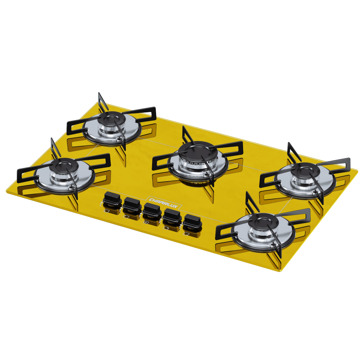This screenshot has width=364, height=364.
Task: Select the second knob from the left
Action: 132,204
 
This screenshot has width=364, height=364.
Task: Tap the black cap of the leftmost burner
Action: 63,165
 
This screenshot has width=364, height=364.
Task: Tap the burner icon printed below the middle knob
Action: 146,223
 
